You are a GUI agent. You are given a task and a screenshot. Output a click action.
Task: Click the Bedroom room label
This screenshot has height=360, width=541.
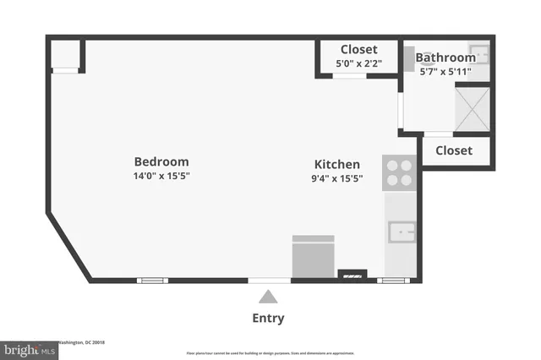[161, 161]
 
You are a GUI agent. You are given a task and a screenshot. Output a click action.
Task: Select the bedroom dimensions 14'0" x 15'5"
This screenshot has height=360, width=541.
[161, 176]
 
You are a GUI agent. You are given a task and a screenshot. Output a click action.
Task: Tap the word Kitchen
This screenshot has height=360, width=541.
[337, 164]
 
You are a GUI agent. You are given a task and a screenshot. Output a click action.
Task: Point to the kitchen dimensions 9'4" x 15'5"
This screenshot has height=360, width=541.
[337, 178]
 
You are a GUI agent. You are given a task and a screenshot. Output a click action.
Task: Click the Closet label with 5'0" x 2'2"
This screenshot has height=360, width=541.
[358, 49]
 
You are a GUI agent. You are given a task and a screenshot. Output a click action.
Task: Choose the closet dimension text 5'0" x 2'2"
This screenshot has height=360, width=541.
[358, 63]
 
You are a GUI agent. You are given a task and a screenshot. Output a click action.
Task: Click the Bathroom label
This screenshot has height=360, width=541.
[445, 57]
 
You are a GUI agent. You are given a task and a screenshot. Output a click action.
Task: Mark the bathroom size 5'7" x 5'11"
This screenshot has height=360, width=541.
[445, 72]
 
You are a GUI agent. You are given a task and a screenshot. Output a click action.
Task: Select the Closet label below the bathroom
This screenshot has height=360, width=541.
[454, 150]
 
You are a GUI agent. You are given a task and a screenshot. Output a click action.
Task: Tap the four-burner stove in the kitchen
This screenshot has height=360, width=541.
[399, 172]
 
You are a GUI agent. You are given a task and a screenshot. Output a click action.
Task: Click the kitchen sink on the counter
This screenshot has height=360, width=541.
[401, 231]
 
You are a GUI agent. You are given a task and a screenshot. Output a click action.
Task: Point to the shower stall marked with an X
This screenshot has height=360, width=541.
[473, 108]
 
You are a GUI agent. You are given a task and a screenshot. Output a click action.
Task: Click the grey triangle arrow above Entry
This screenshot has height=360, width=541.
[268, 296]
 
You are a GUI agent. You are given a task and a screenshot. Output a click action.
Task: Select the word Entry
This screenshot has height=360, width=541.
[268, 319]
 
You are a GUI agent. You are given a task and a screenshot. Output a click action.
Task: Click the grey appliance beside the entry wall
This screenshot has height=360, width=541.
[313, 256]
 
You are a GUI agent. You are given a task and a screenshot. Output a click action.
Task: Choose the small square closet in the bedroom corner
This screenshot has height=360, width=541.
[65, 55]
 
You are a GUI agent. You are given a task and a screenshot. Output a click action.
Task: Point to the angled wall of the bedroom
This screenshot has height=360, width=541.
[68, 248]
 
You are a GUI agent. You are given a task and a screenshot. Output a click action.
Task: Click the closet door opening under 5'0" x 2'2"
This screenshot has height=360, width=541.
[348, 76]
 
